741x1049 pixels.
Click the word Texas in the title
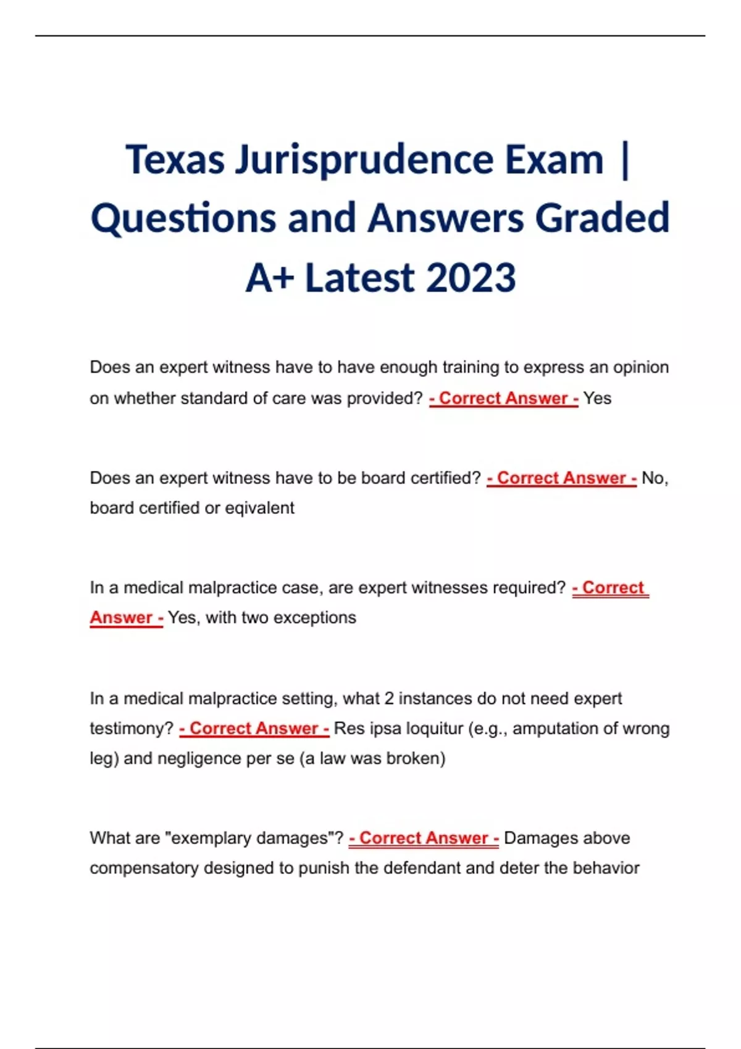(x=175, y=160)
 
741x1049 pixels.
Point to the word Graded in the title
(x=602, y=218)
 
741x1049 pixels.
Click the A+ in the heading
(x=269, y=278)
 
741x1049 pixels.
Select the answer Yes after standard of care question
(x=597, y=399)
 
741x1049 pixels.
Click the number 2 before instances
(x=389, y=699)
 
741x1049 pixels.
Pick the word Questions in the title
(x=183, y=218)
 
